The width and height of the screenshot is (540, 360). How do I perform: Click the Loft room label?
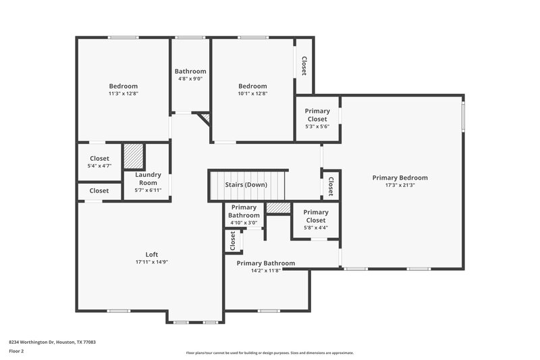pos(152,254)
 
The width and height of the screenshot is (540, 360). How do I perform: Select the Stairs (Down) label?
pos(246,185)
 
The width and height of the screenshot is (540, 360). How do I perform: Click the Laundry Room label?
pos(148,179)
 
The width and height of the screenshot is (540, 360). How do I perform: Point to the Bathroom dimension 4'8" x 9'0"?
pos(190,78)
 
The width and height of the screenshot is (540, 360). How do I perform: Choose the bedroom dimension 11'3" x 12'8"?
pos(124,94)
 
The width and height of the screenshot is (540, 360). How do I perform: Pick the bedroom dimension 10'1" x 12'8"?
pos(252,94)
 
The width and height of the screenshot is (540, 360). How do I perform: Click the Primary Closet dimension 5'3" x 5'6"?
pos(317,127)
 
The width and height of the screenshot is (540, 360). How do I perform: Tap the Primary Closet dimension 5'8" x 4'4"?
pos(315,228)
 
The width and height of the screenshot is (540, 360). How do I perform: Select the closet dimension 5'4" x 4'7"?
pos(99,165)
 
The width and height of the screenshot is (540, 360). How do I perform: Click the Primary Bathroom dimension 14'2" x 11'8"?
pos(265,271)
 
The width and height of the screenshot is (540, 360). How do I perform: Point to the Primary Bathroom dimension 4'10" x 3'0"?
pos(244,223)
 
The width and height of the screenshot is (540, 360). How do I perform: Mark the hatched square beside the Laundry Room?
pos(134,155)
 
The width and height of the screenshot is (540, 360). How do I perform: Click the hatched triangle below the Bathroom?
pos(206,118)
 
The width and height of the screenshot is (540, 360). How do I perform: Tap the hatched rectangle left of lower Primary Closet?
pos(277,208)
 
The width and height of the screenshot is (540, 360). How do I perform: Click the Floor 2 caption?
pos(16,351)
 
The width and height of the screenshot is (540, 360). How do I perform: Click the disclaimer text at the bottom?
pos(269,353)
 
